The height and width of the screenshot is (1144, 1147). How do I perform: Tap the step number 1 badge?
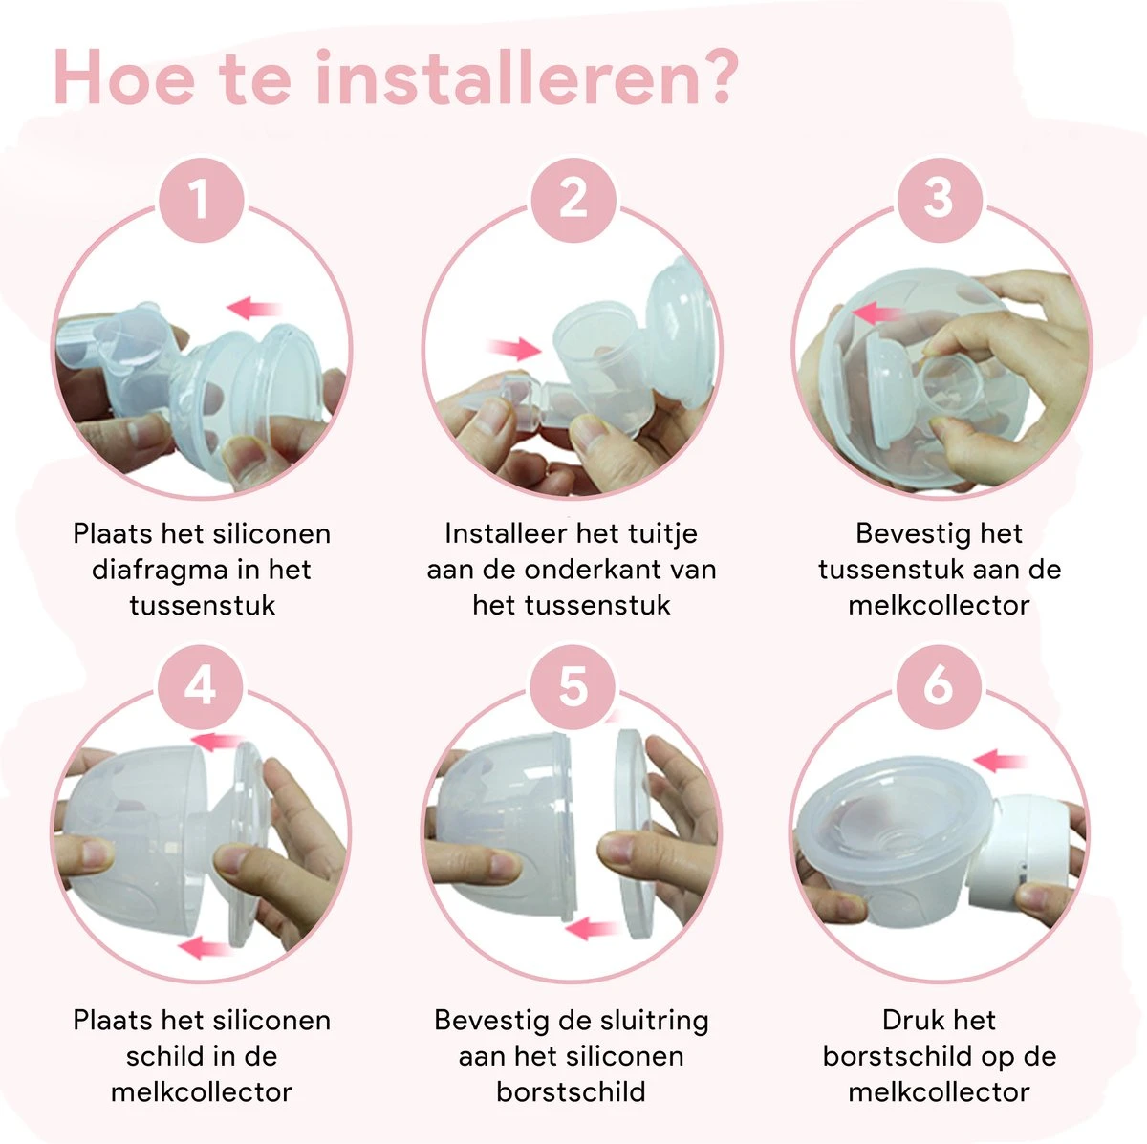tap(201, 199)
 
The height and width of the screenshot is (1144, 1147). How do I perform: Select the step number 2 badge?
tap(573, 199)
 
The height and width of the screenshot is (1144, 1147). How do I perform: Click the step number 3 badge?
tap(939, 199)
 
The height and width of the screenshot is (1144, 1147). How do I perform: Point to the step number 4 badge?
tap(201, 686)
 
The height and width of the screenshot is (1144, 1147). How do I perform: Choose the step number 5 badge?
tap(573, 686)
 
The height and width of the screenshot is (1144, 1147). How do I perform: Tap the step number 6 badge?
tap(939, 686)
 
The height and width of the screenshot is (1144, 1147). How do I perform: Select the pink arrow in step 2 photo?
tap(513, 348)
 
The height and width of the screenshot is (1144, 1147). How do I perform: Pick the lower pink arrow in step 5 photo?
tap(591, 926)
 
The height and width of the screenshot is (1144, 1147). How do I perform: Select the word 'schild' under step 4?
tap(162, 1056)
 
